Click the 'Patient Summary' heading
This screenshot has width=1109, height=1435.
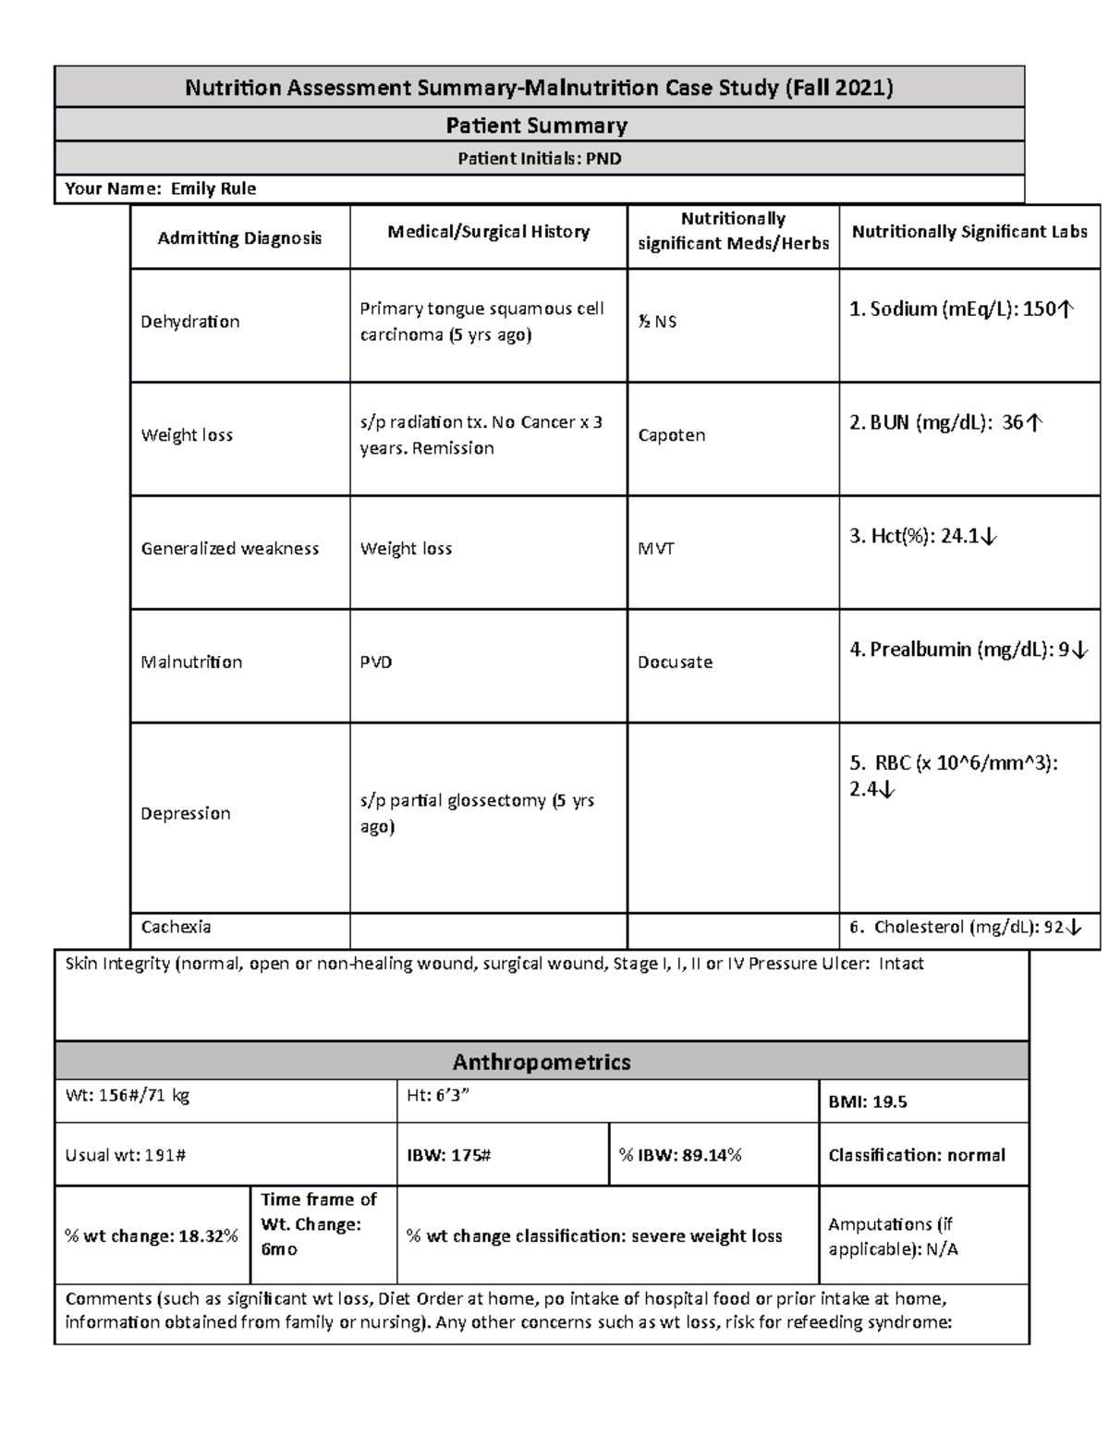[x=537, y=125]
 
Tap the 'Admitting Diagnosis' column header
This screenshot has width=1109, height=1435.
[x=239, y=238]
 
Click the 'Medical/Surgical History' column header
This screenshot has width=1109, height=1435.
[x=488, y=232]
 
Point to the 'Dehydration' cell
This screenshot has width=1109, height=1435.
[x=189, y=322]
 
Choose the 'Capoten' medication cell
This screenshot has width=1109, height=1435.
[x=671, y=435]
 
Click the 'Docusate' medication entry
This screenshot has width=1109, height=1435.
[x=675, y=662]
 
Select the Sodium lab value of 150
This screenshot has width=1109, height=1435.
[x=962, y=309]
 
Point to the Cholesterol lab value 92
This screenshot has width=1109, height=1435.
[x=966, y=927]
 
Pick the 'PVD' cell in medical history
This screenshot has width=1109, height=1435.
[x=376, y=662]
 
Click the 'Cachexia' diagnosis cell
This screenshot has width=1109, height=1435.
[x=176, y=927]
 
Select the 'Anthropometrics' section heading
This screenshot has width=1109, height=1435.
[x=542, y=1062]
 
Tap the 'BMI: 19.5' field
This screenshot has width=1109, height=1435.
[x=868, y=1101]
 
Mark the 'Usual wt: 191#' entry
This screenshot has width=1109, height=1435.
[x=126, y=1155]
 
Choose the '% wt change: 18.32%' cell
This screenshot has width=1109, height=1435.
[x=152, y=1236]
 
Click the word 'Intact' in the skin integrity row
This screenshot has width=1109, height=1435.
[x=901, y=964]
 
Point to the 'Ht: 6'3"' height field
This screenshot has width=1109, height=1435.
[x=433, y=1096]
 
